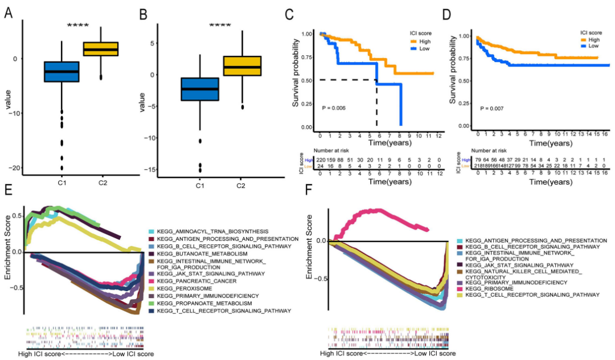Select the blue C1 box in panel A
click(x=61, y=72)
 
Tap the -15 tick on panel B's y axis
click(x=158, y=169)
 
